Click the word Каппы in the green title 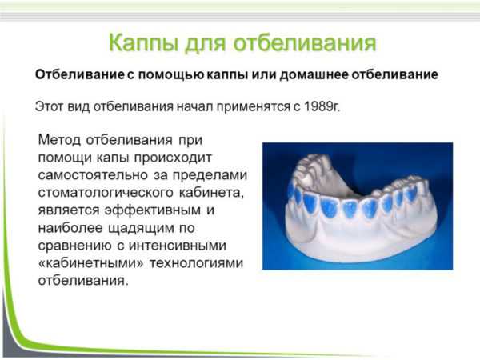coord(143,43)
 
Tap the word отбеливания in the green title coord(305,42)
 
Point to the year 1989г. coord(322,106)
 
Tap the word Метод coord(59,140)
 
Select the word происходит coord(173,158)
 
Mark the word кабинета coord(211,193)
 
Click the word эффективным coord(152,210)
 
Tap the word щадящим coord(141,228)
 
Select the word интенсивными coord(178,246)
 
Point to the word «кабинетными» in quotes coord(90,263)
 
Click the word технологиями coord(196,263)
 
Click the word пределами coord(210,175)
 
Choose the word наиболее coord(70,228)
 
